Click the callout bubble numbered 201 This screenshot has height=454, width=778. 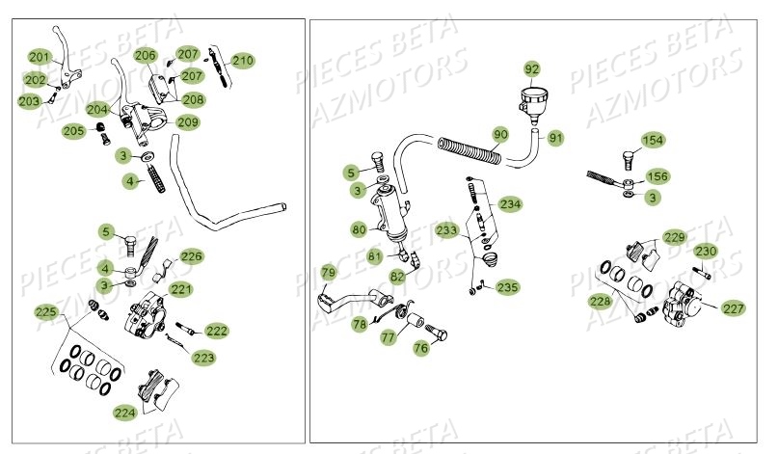pos(39,57)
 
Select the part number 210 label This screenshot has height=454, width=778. pos(242,61)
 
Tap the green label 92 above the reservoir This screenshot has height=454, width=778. pos(533,68)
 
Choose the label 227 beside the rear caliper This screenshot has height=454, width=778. pos(734,308)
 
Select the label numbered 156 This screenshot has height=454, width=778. pos(656,176)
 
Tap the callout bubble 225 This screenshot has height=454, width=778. pos(45,312)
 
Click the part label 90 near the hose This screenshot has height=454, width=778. pos(500,134)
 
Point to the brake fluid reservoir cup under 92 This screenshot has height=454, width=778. pos(533,99)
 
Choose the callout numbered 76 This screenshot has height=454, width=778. pos(421,348)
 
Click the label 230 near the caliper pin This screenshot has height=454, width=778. pos(707,252)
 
